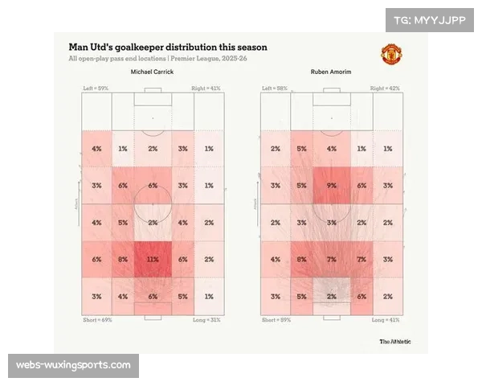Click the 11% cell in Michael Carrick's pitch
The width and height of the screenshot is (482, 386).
[x=153, y=259]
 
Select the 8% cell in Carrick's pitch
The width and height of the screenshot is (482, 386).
[x=123, y=259]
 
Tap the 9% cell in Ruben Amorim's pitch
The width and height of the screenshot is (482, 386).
[x=332, y=186]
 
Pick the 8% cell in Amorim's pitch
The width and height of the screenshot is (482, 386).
[x=302, y=259]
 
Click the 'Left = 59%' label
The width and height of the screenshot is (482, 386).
[x=96, y=87]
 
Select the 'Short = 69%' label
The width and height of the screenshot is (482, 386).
[x=98, y=320]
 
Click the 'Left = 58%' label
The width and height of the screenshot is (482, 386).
[x=275, y=87]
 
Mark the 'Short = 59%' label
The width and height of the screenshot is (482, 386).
[x=277, y=320]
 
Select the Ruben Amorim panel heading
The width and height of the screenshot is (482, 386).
[x=329, y=72]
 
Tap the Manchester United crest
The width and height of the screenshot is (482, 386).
[x=391, y=55]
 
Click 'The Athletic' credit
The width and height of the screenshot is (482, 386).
[x=395, y=341]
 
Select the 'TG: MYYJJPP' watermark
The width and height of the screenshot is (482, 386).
[x=430, y=19]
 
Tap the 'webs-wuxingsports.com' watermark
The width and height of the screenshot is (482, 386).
[x=73, y=366]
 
